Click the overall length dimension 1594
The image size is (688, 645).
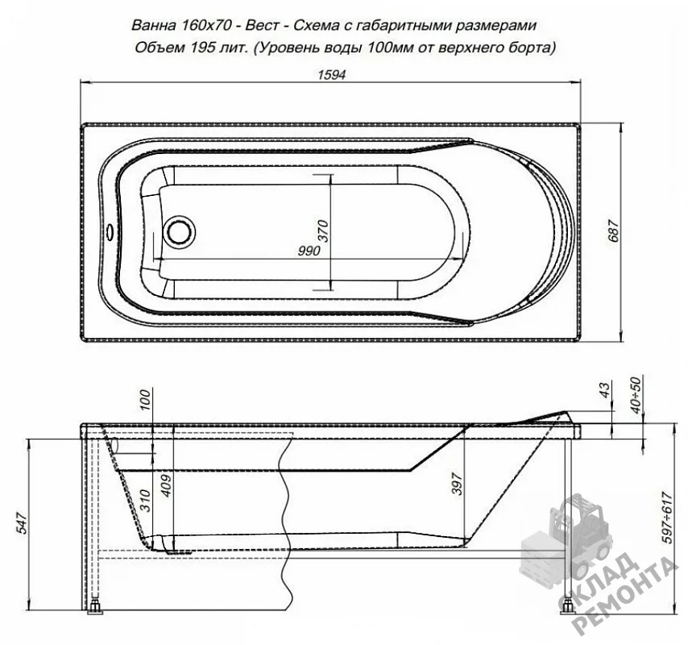[x=331, y=75]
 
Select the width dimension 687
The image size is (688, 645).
[x=613, y=230]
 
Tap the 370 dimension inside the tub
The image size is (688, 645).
[x=322, y=231]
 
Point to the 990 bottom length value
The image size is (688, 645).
[x=309, y=251]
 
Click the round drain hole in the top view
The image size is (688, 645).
[x=179, y=231]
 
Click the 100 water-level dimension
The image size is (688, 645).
[x=144, y=400]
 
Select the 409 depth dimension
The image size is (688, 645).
[x=166, y=485]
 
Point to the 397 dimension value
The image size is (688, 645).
[x=457, y=484]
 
